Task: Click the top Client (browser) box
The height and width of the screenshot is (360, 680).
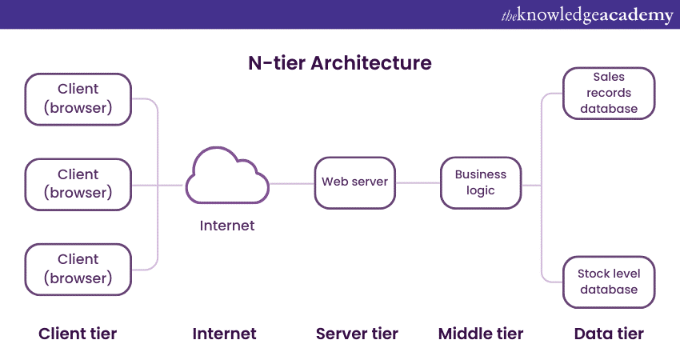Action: pyautogui.click(x=78, y=99)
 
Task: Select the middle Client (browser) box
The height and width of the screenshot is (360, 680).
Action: pyautogui.click(x=78, y=184)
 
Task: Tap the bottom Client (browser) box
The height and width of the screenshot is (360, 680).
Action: pyautogui.click(x=78, y=270)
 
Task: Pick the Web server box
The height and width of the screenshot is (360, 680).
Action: pyautogui.click(x=354, y=182)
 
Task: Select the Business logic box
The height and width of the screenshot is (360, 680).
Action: pyautogui.click(x=480, y=182)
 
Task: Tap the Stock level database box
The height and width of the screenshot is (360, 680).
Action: pyautogui.click(x=609, y=282)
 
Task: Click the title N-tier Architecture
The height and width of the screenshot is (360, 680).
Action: pyautogui.click(x=340, y=63)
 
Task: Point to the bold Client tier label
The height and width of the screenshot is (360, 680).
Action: pyautogui.click(x=78, y=334)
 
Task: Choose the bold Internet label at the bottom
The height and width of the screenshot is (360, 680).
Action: pyautogui.click(x=225, y=334)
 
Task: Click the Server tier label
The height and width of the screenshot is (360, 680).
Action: pyautogui.click(x=357, y=334)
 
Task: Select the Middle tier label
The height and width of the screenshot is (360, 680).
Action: pyautogui.click(x=481, y=334)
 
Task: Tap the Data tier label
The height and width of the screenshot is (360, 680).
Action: pyautogui.click(x=609, y=334)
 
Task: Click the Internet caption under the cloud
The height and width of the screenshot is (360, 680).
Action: pyautogui.click(x=227, y=226)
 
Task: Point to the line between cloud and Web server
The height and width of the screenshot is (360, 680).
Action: pyautogui.click(x=291, y=183)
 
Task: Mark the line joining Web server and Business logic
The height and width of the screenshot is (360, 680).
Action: pyautogui.click(x=418, y=183)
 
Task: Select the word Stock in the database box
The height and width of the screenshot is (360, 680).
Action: pyautogui.click(x=593, y=274)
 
